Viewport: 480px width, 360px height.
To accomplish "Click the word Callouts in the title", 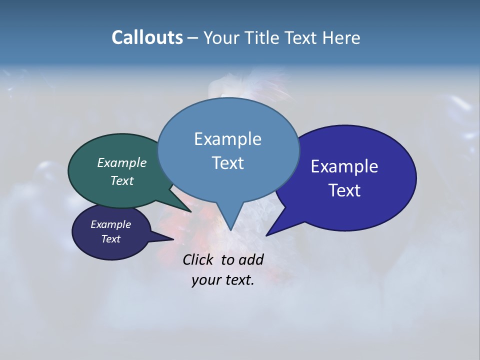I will click(x=147, y=37).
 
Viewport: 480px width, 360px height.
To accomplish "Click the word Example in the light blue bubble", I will click(x=227, y=139).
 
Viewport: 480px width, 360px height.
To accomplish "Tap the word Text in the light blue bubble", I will click(x=227, y=163).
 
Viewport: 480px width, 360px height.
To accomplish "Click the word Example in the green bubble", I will click(x=122, y=163).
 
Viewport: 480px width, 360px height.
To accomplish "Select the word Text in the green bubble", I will click(x=122, y=180).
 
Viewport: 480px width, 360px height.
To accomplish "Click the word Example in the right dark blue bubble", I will click(x=344, y=166).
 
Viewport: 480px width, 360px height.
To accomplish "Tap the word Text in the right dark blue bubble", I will click(x=344, y=190).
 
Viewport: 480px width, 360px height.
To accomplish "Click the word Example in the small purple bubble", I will click(x=110, y=224).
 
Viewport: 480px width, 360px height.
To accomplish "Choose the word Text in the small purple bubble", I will click(x=110, y=239).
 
